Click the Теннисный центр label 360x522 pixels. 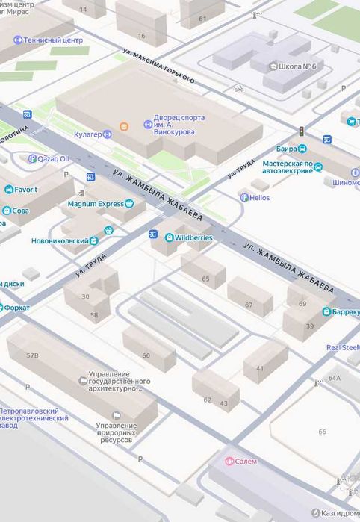pyautogui.click(x=52, y=40)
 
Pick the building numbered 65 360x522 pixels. pyautogui.click(x=205, y=279)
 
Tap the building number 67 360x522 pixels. pyautogui.click(x=249, y=305)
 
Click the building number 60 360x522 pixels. pyautogui.click(x=146, y=355)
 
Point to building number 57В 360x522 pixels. pyautogui.click(x=32, y=356)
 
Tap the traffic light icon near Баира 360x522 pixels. pyautogui.click(x=302, y=131)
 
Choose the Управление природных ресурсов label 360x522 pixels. pyautogui.click(x=116, y=432)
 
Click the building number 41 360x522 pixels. pyautogui.click(x=259, y=368)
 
